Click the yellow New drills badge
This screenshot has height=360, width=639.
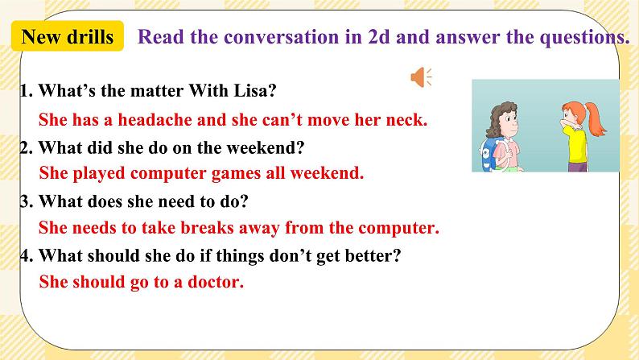pyautogui.click(x=68, y=37)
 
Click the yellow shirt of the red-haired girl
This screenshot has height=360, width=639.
pyautogui.click(x=576, y=145)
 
